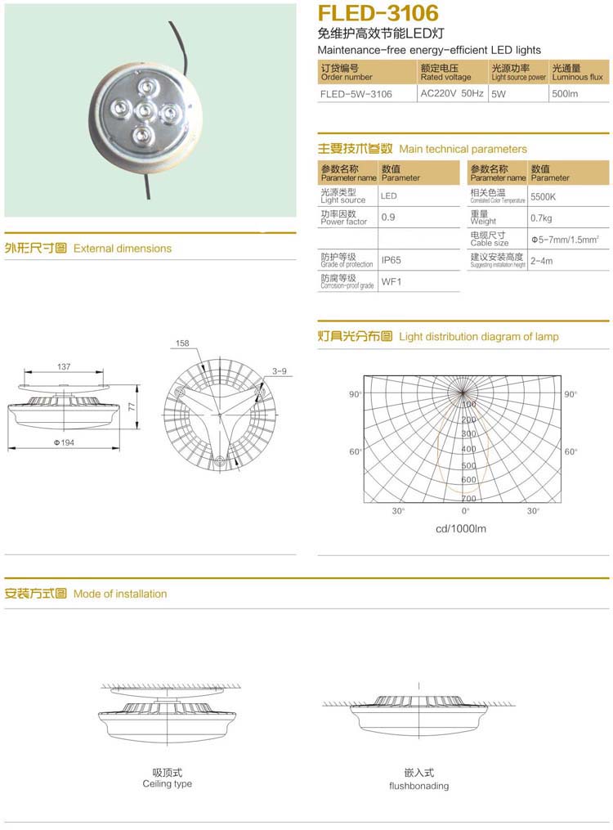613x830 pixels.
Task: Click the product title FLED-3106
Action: click(377, 13)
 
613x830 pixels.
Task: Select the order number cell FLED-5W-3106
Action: click(356, 94)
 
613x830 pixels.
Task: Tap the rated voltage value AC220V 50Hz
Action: click(452, 93)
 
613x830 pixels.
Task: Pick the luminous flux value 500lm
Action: click(565, 94)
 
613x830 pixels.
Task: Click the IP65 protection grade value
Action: click(392, 261)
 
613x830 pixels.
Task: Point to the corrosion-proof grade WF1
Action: click(392, 282)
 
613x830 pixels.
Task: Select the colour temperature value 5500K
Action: click(543, 197)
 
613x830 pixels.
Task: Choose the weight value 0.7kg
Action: click(541, 218)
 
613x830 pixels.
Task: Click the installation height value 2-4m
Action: click(541, 261)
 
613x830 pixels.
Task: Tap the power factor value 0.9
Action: click(388, 218)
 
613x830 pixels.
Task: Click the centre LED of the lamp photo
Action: click(143, 110)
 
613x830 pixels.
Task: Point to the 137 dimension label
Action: click(64, 367)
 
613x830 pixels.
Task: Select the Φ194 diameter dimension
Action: click(64, 442)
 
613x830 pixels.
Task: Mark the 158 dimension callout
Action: click(181, 344)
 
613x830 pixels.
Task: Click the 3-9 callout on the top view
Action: click(280, 371)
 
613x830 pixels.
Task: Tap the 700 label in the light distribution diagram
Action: click(468, 498)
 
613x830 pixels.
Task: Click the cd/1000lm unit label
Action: click(461, 528)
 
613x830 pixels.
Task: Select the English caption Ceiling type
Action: click(168, 783)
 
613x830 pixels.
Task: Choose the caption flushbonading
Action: click(418, 786)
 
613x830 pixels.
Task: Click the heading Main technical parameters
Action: click(463, 149)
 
